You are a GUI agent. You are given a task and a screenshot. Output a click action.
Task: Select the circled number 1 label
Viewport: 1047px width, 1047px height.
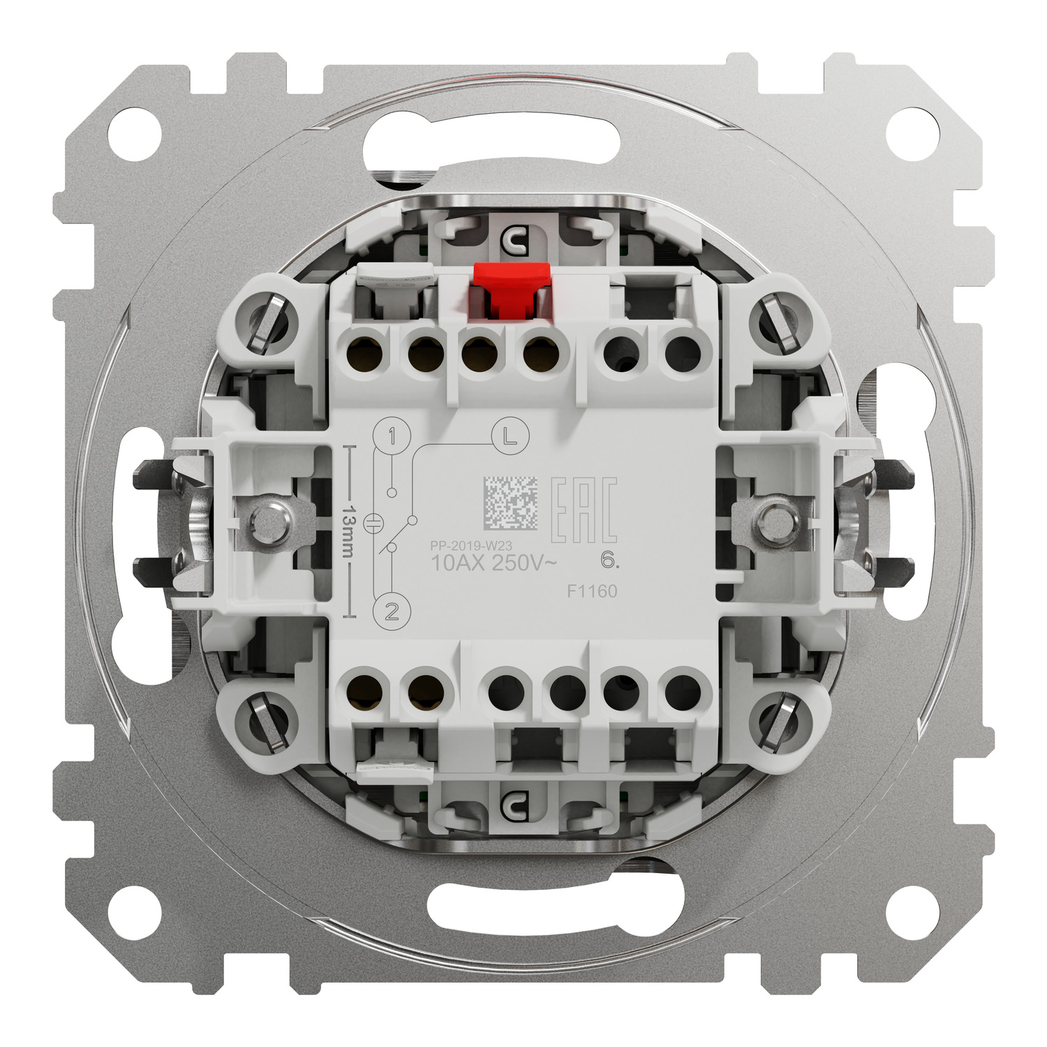[x=392, y=438]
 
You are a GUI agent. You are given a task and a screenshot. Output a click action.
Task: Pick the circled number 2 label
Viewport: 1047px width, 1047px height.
[x=392, y=612]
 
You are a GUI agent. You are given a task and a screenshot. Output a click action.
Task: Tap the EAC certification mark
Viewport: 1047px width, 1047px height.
[x=584, y=510]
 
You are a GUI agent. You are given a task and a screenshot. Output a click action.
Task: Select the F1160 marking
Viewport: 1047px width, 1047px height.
[x=591, y=591]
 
